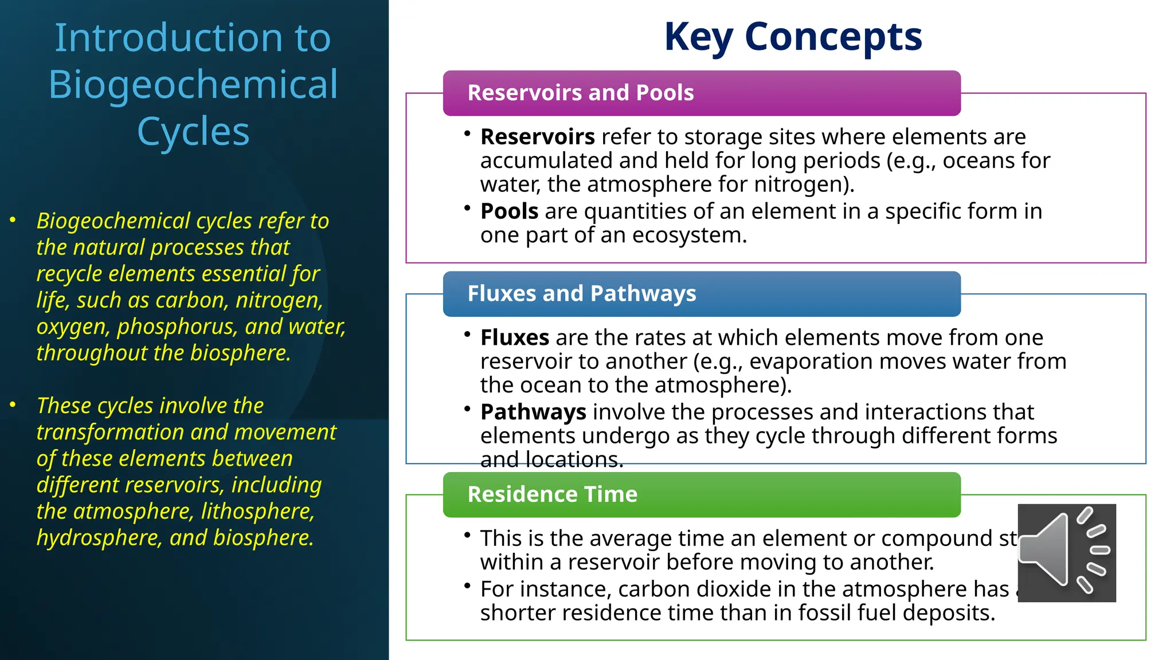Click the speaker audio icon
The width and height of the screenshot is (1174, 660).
1066,552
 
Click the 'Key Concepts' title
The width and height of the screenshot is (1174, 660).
793,37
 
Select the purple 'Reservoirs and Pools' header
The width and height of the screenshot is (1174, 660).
701,93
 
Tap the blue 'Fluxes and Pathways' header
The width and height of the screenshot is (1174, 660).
701,294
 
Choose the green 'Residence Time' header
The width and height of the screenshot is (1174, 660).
701,494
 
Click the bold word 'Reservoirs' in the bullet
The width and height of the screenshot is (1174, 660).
537,137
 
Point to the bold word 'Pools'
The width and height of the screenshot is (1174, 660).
509,211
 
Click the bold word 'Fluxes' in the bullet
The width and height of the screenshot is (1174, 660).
514,338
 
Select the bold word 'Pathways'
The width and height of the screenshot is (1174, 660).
533,412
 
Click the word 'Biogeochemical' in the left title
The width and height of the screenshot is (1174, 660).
193,85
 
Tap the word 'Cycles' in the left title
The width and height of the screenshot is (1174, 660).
193,132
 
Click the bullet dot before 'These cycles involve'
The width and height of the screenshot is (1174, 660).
13,405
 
